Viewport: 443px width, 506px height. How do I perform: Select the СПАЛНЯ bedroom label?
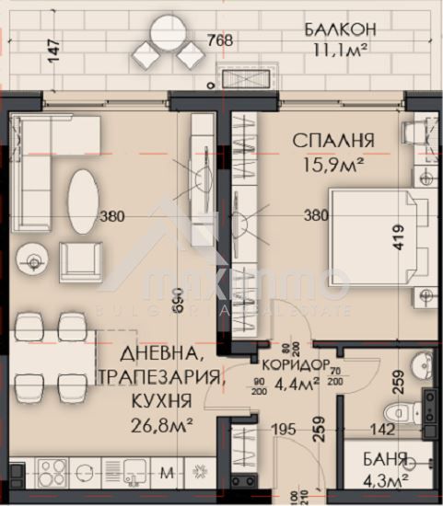(x=332, y=141)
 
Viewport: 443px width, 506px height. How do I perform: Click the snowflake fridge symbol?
(x=200, y=474)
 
